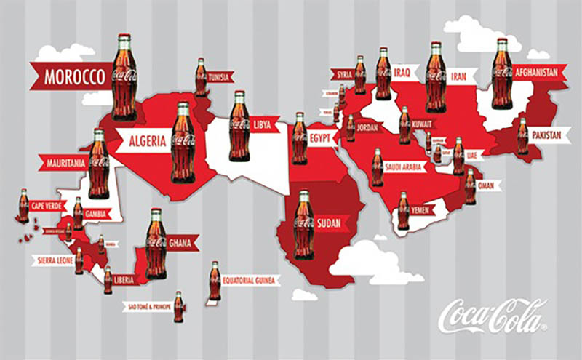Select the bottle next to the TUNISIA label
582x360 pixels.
coord(201,77)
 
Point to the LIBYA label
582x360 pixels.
coord(263,125)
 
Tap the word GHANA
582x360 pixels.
coord(179,244)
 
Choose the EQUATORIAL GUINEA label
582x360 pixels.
coord(250,280)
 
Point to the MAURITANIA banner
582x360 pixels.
coord(63,161)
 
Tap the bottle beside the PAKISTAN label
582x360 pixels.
coord(522,135)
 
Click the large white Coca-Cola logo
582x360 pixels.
coord(493,314)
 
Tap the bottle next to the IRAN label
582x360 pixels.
coord(435,76)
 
